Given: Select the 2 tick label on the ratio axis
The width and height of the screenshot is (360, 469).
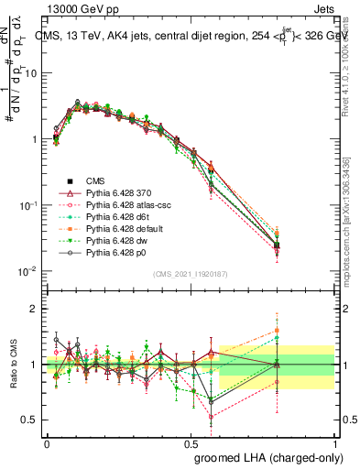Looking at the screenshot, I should point(36,309).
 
